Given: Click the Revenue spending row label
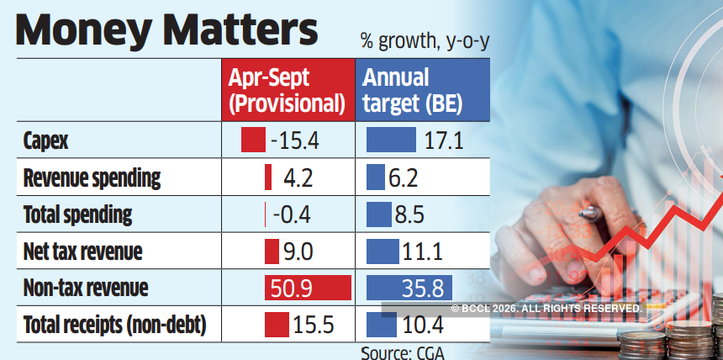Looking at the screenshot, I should click(x=91, y=178).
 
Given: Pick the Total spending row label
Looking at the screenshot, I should click(x=77, y=214).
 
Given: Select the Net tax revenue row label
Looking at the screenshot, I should click(x=82, y=251).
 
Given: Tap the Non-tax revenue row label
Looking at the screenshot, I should click(x=85, y=288).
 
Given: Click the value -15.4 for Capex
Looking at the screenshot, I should click(x=295, y=140).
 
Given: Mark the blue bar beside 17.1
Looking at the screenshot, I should click(x=391, y=140).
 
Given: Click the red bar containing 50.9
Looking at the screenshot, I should click(x=308, y=288).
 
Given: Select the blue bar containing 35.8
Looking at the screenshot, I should click(x=409, y=288).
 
